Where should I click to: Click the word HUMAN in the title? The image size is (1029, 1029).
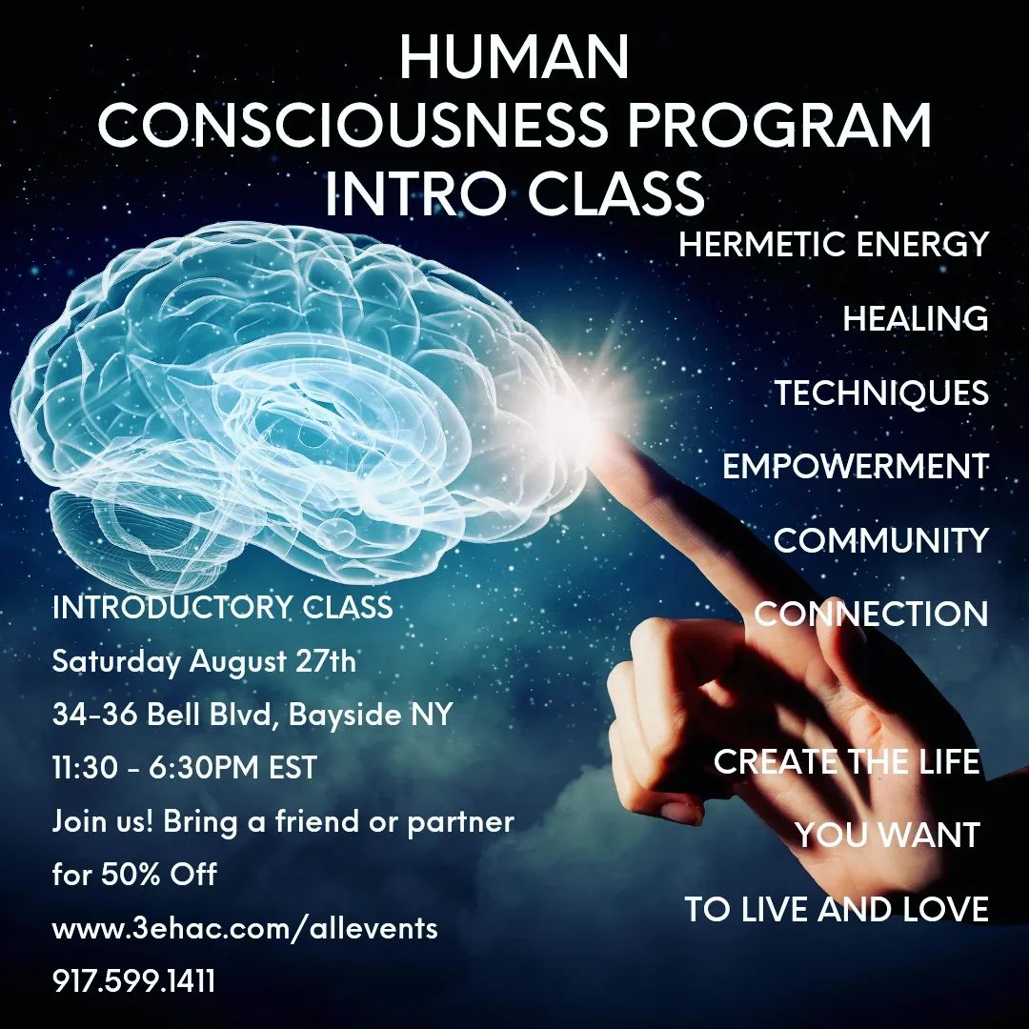coord(514,57)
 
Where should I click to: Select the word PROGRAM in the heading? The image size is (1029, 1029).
coord(779,125)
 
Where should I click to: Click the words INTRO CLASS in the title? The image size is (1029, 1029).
coord(514,193)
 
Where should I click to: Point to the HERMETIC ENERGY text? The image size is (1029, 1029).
coord(834,244)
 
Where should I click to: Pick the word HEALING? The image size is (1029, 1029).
coord(916,318)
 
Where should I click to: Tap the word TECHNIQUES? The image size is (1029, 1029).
coord(881,393)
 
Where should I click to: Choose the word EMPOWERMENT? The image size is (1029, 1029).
coord(856,466)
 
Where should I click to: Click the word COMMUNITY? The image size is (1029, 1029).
coord(880,540)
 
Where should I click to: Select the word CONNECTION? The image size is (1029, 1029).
coord(871,614)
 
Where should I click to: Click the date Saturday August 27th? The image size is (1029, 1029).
coord(204,661)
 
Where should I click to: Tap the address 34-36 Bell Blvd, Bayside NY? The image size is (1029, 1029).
coord(252,714)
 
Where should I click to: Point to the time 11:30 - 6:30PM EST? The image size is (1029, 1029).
coord(185,767)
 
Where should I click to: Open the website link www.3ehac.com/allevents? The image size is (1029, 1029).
coord(245,928)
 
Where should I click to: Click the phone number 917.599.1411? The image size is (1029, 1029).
coord(134,981)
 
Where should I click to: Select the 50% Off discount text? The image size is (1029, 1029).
coord(159,874)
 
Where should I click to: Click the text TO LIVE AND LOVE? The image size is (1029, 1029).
coord(837,909)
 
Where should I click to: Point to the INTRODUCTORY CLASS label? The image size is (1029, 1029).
coord(222,607)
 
